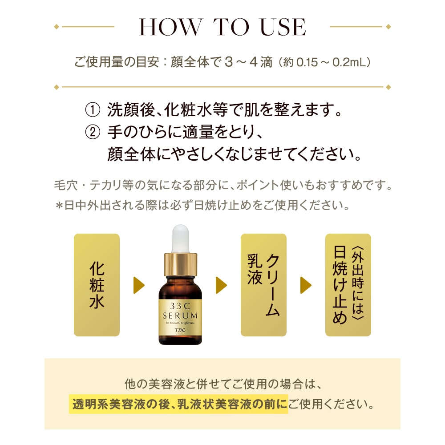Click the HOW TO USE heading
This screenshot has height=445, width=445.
[222, 27]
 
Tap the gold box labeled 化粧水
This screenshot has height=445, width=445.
[97, 285]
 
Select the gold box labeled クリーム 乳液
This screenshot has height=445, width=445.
[263, 285]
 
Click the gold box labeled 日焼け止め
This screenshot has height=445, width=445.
[348, 285]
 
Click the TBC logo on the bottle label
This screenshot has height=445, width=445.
[180, 331]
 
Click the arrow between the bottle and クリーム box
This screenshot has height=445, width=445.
[221, 285]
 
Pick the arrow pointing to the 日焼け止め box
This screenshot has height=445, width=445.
[306, 285]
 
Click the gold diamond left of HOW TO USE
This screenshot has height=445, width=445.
[56, 27]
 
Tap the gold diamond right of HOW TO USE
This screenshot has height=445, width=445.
[388, 27]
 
